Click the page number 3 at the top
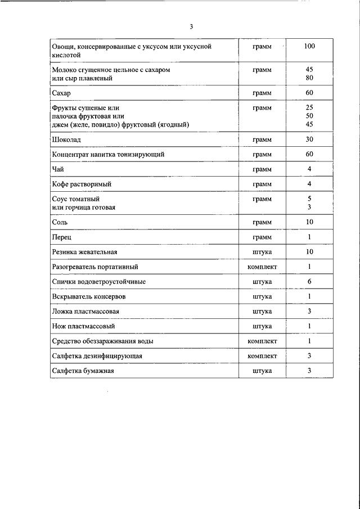[x=191, y=26]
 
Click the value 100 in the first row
[x=309, y=46]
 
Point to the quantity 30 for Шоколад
[x=309, y=139]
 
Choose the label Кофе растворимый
[x=81, y=184]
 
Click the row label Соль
[x=60, y=223]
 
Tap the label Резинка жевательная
[x=84, y=253]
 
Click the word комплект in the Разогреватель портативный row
[x=262, y=267]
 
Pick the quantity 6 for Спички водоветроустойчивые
[x=309, y=282]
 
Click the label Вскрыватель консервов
[x=88, y=296]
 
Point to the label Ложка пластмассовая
[x=85, y=311]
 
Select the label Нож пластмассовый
[x=83, y=326]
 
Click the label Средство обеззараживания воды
[x=102, y=341]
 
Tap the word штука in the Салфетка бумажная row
[x=262, y=371]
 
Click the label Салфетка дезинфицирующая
[x=96, y=356]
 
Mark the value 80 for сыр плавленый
[x=309, y=79]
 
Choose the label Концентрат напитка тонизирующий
[x=108, y=154]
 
